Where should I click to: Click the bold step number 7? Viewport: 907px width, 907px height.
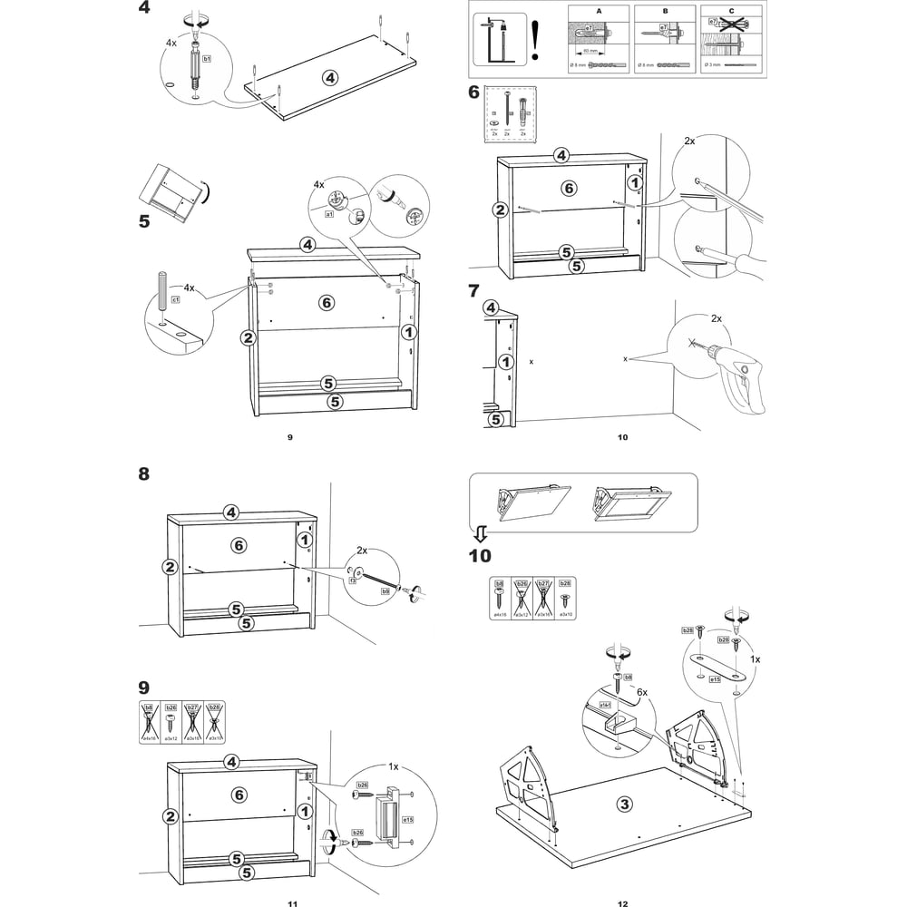click(x=473, y=291)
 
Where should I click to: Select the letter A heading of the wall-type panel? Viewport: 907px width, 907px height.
click(x=599, y=12)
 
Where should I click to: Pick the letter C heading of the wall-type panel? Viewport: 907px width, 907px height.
click(x=731, y=12)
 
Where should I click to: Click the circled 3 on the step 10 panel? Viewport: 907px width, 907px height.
click(x=624, y=803)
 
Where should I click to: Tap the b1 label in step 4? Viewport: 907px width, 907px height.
click(x=207, y=58)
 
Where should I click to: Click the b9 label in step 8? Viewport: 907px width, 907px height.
click(x=385, y=590)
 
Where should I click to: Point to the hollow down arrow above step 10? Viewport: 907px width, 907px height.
click(x=482, y=532)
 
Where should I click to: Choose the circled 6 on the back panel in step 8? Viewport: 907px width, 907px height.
click(x=238, y=546)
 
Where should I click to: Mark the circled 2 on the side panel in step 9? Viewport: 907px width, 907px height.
click(x=170, y=815)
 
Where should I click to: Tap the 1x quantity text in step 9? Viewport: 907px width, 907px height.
click(x=394, y=766)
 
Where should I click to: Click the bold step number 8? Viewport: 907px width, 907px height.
click(x=143, y=473)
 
